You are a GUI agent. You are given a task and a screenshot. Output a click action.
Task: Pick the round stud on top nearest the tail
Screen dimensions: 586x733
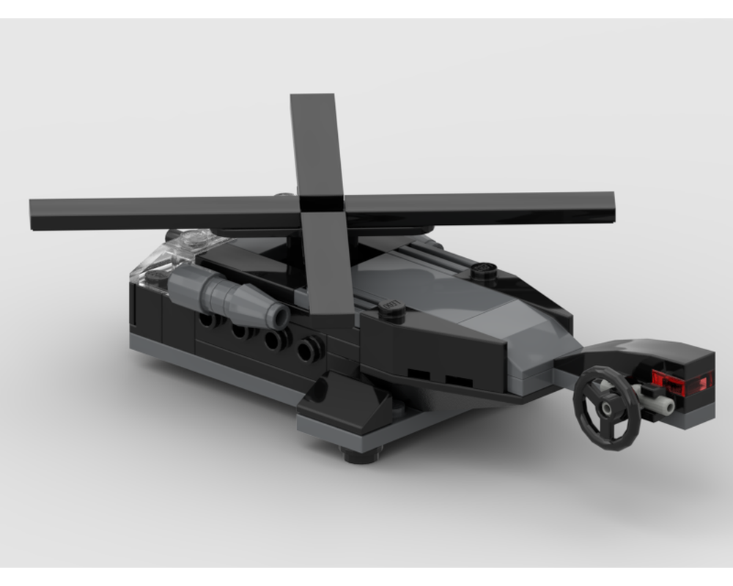click(x=485, y=270)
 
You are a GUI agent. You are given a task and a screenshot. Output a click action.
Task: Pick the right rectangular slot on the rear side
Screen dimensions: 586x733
click(x=459, y=382)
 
